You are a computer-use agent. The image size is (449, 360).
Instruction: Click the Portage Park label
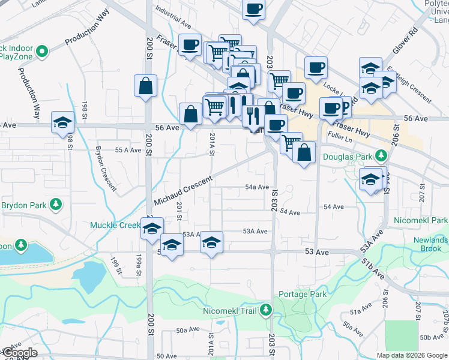[x=303, y=294]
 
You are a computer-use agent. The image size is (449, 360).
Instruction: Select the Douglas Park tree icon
[x=381, y=157]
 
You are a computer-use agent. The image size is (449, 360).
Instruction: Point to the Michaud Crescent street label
[x=183, y=190]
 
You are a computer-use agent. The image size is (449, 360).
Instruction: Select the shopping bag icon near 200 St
[x=146, y=86]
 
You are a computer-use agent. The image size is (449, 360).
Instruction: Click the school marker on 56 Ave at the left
[x=62, y=122]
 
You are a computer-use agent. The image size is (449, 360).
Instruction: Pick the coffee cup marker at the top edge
[x=253, y=9]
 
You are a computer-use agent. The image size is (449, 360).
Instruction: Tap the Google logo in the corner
[x=19, y=353]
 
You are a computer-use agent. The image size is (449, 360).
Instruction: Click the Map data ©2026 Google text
[x=412, y=355]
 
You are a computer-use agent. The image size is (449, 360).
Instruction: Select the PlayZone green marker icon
[x=42, y=52]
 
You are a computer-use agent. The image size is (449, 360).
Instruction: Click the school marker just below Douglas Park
[x=371, y=179]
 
